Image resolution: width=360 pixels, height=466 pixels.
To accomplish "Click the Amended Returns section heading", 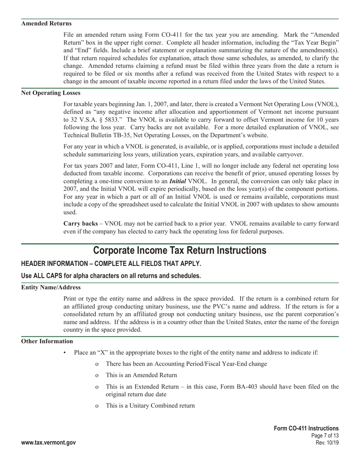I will (x=46, y=23).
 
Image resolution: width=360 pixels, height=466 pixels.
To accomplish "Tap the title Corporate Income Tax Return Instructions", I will (x=180, y=250).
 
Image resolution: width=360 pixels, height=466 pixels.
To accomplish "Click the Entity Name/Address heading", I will (x=51, y=288).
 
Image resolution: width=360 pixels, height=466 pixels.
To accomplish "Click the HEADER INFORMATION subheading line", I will (x=111, y=263).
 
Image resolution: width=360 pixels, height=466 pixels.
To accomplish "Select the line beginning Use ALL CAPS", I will (x=111, y=276).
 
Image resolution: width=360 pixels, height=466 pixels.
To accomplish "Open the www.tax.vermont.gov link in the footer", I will (x=49, y=443).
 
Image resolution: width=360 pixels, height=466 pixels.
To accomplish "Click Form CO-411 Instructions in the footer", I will (x=306, y=428).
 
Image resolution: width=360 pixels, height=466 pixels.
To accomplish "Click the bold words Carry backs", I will (x=80, y=224).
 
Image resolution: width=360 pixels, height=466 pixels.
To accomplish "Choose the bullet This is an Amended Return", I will (x=141, y=375).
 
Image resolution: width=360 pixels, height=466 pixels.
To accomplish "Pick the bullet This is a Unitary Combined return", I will (x=150, y=406).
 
